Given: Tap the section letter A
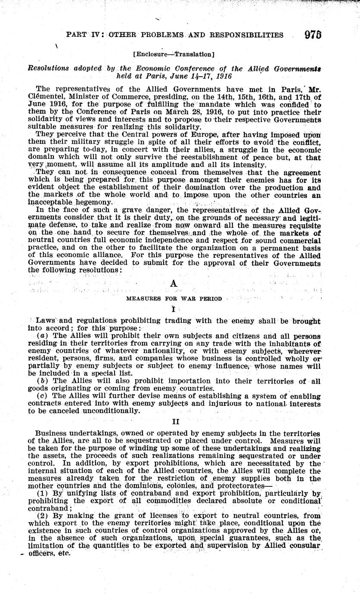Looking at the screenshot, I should [x=174, y=283].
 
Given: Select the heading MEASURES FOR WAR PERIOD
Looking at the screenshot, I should [x=174, y=298].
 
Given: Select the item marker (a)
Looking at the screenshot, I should [x=42, y=335].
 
